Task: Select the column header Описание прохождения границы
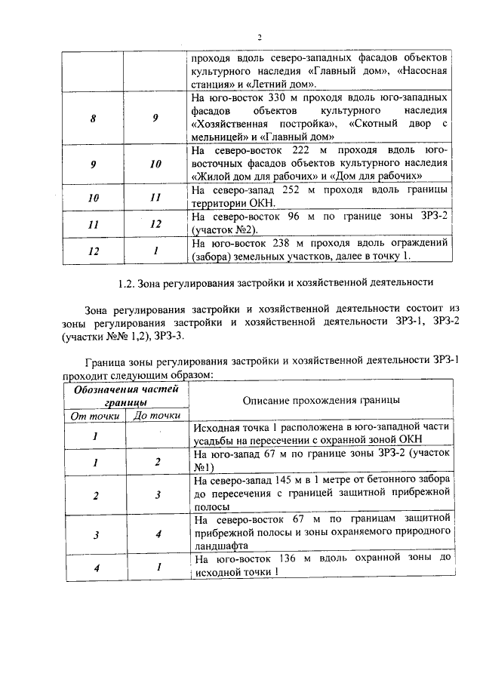pos(321,400)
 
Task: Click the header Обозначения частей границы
pos(125,395)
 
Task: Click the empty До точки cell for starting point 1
pos(157,435)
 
